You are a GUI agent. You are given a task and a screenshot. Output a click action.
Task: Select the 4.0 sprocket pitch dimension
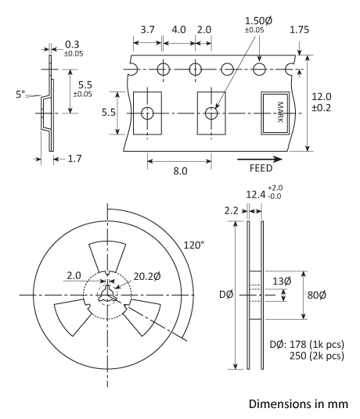coord(178,30)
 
